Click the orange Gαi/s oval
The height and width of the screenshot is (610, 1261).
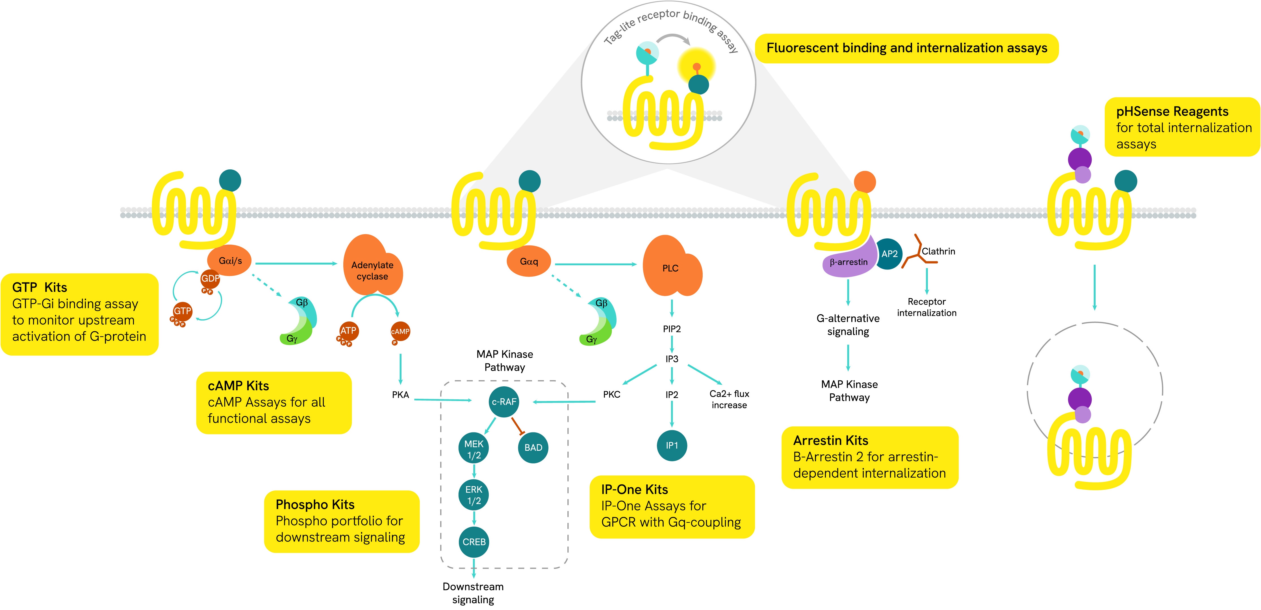(230, 261)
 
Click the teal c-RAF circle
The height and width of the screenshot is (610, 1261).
(504, 402)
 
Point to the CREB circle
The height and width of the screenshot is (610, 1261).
(474, 542)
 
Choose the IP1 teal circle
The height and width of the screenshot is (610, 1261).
(672, 445)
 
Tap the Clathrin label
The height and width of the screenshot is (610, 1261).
(938, 251)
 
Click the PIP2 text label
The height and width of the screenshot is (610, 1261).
(672, 329)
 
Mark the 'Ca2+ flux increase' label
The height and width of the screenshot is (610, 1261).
(729, 399)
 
